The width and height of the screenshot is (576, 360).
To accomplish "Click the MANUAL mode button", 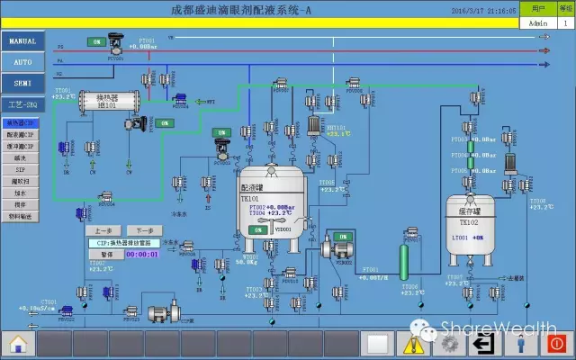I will click(x=22, y=41).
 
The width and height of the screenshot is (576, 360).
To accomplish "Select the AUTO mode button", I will click(x=22, y=62).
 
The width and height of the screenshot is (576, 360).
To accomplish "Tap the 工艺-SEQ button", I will click(x=22, y=104).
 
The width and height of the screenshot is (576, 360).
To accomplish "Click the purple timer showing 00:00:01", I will click(x=140, y=255).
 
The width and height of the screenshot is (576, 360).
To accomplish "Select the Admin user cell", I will click(x=539, y=23).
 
